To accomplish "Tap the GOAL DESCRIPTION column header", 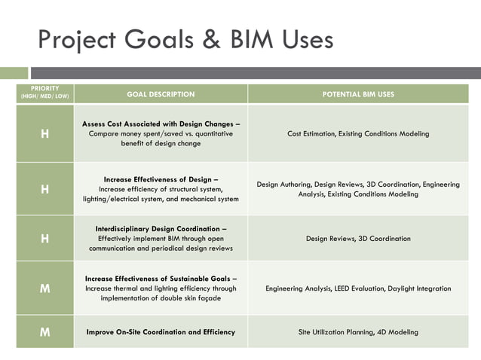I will coord(161,94).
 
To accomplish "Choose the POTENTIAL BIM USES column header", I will coord(358,94).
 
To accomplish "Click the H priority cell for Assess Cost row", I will coord(45,133).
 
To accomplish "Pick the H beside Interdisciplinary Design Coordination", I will coord(45,238).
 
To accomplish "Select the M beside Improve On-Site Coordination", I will coord(45,331).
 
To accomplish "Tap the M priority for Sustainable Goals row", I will coord(45,288).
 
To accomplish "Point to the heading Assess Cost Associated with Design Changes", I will coord(161,124).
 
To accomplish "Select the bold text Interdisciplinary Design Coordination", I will coord(161,228).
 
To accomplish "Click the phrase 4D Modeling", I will coord(398,332).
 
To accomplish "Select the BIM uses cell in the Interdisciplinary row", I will coord(358,239).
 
